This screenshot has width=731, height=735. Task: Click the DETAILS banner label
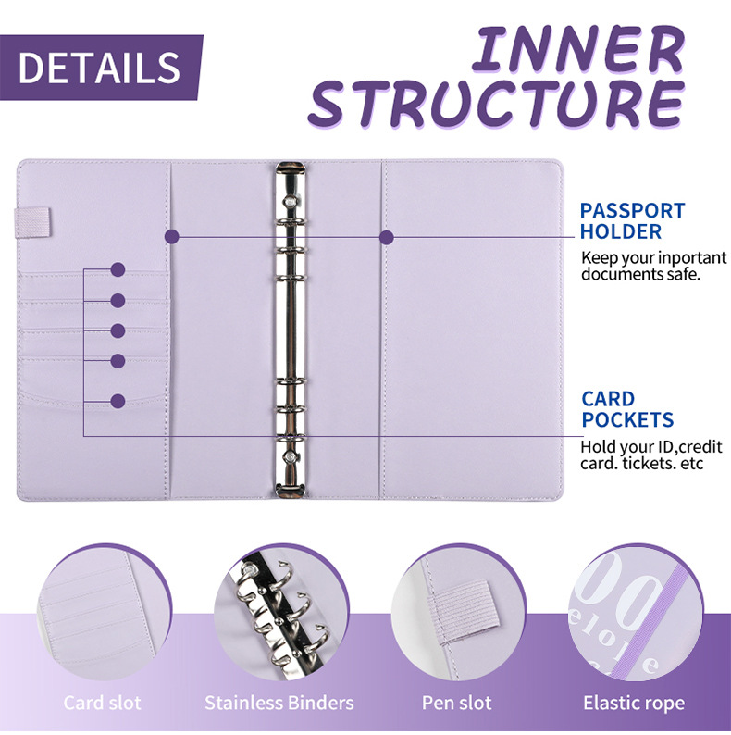(99, 68)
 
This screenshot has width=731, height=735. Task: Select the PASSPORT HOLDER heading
(633, 221)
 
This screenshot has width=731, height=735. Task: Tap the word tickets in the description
(644, 463)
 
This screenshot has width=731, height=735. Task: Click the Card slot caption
(103, 703)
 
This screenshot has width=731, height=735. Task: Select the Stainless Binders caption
(279, 703)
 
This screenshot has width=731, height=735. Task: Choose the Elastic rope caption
(634, 703)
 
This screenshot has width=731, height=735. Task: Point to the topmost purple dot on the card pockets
(118, 270)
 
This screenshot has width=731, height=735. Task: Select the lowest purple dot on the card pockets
(118, 402)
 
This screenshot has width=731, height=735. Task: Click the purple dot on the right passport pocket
(387, 236)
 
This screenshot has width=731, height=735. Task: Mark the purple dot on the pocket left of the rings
(170, 236)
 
